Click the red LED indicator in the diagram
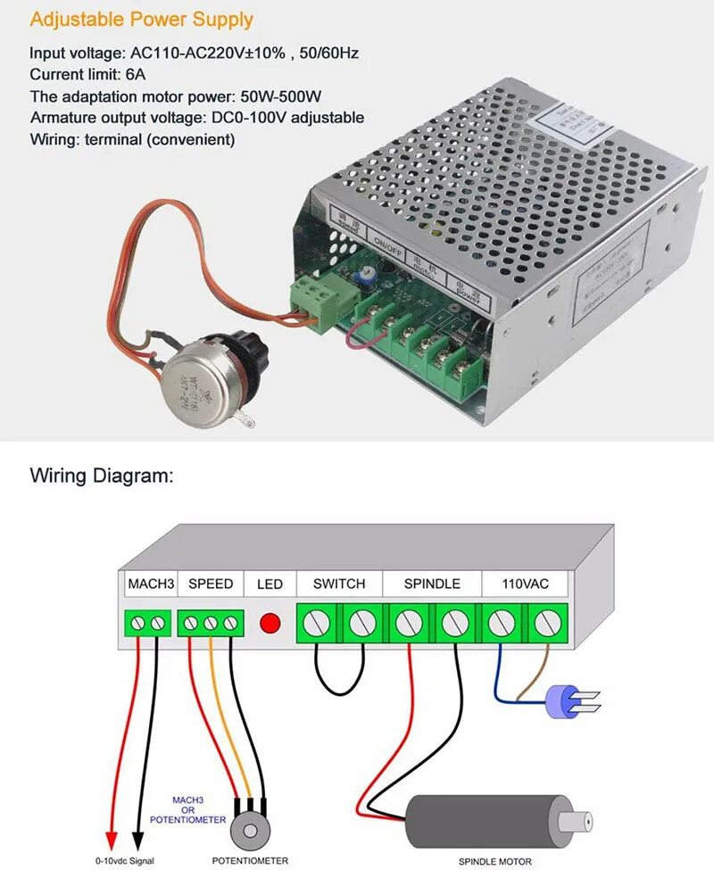coord(270,621)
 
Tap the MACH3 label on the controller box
coord(151,584)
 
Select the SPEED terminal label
coord(211,584)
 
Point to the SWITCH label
coord(339,584)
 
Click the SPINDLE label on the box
coord(432,584)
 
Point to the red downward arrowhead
coord(112,840)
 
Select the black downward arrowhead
coord(137,840)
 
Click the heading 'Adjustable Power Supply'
coord(142,19)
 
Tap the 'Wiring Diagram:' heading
coord(100,475)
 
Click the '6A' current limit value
coord(135,75)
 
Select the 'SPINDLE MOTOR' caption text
coord(495,861)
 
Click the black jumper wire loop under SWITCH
coord(339,687)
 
